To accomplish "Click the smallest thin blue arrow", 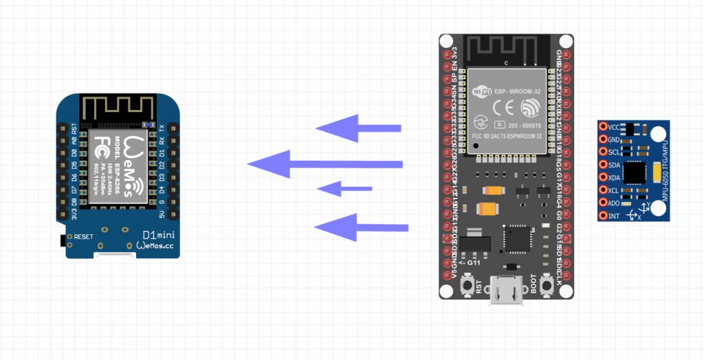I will [344, 188].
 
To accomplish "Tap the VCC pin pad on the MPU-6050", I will [603, 127].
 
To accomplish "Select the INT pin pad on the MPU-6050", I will [603, 216].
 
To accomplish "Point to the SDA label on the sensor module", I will [615, 165].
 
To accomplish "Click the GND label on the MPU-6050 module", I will [615, 139].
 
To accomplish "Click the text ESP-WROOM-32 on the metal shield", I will [517, 89].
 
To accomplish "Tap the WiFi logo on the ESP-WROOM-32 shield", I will [481, 89].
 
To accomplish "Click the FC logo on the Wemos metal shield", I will [99, 147].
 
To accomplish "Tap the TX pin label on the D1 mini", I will [161, 128].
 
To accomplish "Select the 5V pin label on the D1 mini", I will [161, 214].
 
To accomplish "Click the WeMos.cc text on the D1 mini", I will [157, 245].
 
